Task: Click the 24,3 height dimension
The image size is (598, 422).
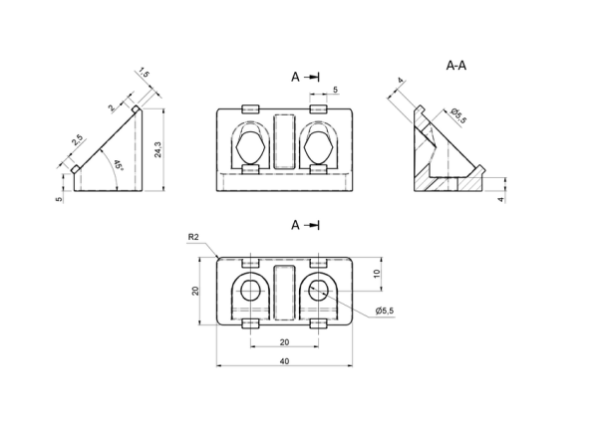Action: click(158, 149)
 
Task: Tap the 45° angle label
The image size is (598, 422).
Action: click(119, 165)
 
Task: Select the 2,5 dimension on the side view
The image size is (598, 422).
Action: click(77, 140)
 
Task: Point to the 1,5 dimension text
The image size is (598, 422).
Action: click(145, 73)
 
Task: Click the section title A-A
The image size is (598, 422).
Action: click(456, 66)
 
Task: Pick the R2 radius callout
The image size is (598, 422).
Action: click(193, 237)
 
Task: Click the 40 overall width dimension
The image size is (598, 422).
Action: click(284, 361)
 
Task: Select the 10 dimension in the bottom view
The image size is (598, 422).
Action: click(377, 274)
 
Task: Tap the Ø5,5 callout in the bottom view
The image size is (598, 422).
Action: click(385, 311)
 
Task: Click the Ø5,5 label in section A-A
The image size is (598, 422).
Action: click(458, 115)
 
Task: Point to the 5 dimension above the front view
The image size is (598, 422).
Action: click(335, 90)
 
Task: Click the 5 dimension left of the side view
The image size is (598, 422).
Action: click(59, 199)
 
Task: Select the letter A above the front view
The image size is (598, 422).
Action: click(296, 77)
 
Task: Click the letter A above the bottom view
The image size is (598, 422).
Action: click(296, 225)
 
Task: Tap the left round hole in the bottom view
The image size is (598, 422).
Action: click(250, 290)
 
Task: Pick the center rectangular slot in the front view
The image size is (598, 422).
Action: click(284, 141)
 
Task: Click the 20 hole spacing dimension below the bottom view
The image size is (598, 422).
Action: click(284, 342)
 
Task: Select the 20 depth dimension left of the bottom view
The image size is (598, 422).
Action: click(195, 291)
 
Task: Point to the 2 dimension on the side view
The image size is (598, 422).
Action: click(112, 108)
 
